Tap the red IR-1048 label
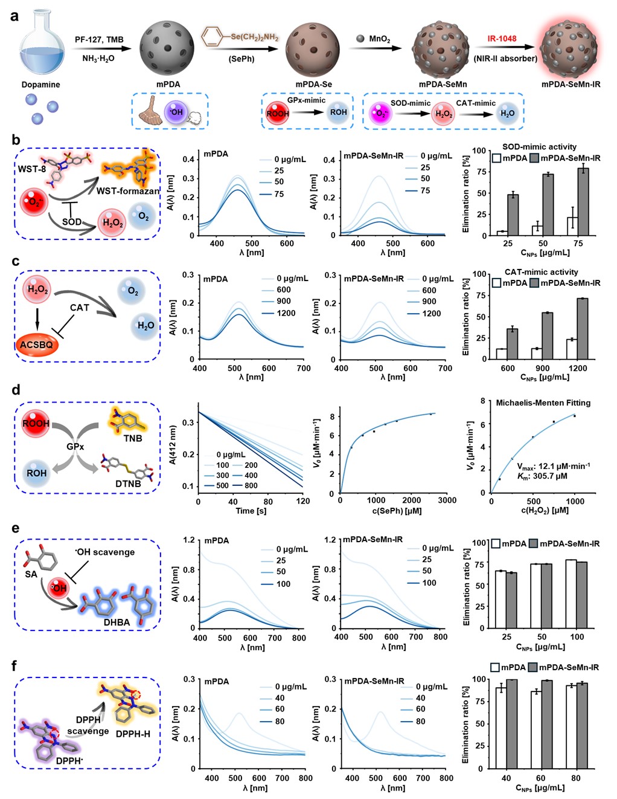pyautogui.click(x=502, y=39)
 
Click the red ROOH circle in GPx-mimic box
pyautogui.click(x=278, y=113)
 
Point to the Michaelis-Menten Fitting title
pyautogui.click(x=543, y=403)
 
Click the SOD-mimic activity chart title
pyautogui.click(x=539, y=146)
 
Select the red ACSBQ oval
pyautogui.click(x=37, y=345)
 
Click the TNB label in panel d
pyautogui.click(x=133, y=438)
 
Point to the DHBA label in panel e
pyautogui.click(x=117, y=622)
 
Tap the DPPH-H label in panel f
pyautogui.click(x=133, y=734)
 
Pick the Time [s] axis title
pyautogui.click(x=251, y=511)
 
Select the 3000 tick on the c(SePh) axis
pyautogui.click(x=447, y=500)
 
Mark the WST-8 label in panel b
pyautogui.click(x=31, y=169)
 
